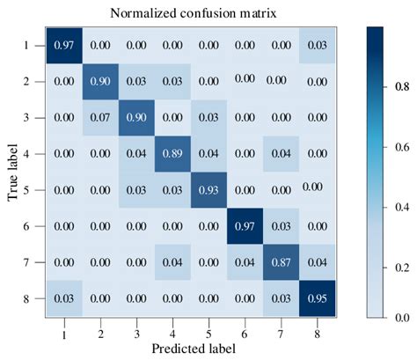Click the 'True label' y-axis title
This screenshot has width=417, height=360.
coord(14,171)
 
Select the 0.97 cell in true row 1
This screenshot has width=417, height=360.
coord(63,44)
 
